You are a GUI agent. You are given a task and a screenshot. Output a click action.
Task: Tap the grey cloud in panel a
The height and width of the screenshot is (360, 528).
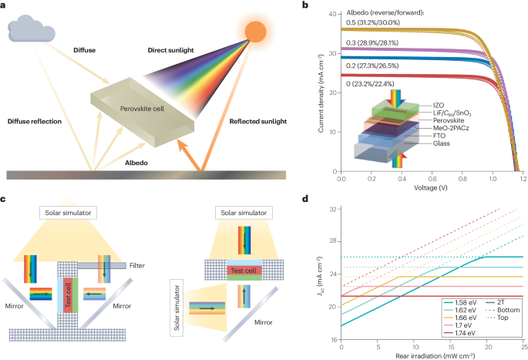click(33, 29)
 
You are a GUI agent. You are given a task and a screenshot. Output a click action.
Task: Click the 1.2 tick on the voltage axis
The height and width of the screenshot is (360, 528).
click(523, 177)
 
